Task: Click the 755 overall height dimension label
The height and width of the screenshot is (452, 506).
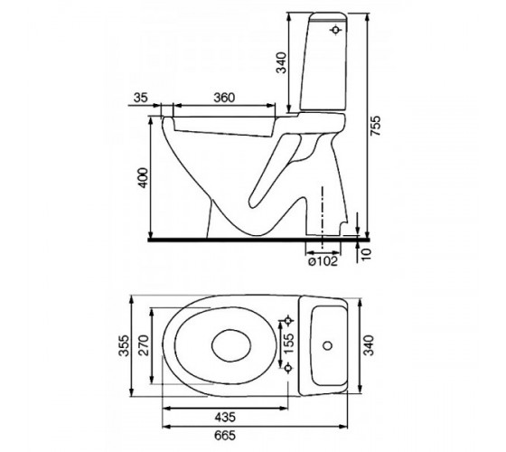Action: pyautogui.click(x=376, y=126)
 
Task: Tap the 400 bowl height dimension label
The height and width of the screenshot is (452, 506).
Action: pyautogui.click(x=143, y=177)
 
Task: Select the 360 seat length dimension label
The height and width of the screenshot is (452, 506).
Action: pyautogui.click(x=224, y=98)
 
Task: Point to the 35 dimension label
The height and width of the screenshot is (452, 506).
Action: pyautogui.click(x=140, y=98)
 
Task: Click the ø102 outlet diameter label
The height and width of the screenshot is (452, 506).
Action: pyautogui.click(x=323, y=261)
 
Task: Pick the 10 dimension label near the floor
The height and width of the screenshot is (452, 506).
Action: pyautogui.click(x=367, y=254)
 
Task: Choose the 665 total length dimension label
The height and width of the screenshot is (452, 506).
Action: pyautogui.click(x=225, y=435)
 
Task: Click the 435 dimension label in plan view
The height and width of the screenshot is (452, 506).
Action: pyautogui.click(x=225, y=417)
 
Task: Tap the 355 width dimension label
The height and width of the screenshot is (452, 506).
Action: pyautogui.click(x=125, y=345)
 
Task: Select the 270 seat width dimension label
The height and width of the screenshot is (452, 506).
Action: pyautogui.click(x=144, y=345)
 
